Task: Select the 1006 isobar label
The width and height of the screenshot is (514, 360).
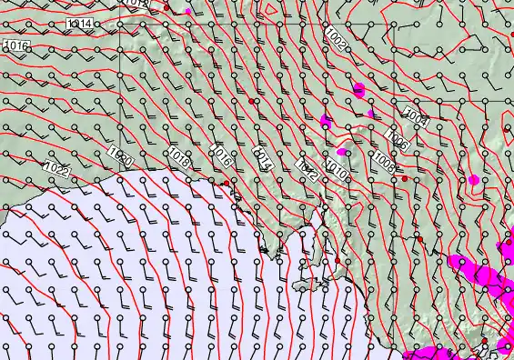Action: tap(397, 140)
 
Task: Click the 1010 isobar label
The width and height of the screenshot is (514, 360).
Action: tap(336, 169)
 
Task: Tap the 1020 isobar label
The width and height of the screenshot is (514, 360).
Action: tap(120, 157)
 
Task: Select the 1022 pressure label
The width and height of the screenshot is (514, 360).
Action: tap(56, 167)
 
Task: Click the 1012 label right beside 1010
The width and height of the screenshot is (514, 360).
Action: tap(308, 169)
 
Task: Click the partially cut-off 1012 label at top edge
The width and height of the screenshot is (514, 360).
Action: tap(136, 4)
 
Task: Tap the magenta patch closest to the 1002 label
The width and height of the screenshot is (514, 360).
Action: tap(358, 89)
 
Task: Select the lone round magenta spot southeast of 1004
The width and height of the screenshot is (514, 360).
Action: tap(473, 179)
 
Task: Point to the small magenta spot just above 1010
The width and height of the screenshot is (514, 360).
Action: tap(343, 151)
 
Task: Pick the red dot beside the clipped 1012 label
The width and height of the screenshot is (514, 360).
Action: tap(166, 7)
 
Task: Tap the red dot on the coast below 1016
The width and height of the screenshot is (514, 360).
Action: tap(226, 184)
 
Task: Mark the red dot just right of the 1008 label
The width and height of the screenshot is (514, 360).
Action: tap(405, 179)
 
